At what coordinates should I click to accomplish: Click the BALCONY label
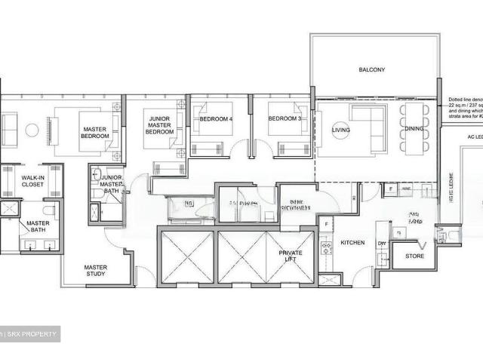(x=372, y=70)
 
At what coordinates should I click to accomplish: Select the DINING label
(x=414, y=129)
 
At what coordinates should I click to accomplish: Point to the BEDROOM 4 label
(x=216, y=119)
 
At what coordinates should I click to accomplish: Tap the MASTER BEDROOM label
(x=97, y=133)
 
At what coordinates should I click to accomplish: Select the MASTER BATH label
(x=38, y=226)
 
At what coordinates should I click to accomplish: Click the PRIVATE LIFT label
(x=291, y=256)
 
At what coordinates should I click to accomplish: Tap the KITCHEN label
(x=352, y=243)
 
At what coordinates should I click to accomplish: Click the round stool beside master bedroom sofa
(x=32, y=130)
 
